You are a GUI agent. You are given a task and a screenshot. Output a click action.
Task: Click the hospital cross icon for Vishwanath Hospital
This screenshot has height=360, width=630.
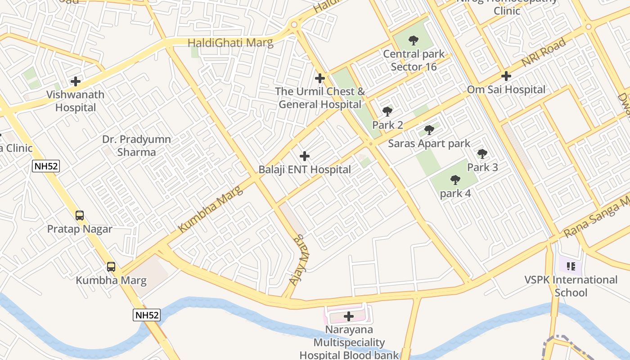76,81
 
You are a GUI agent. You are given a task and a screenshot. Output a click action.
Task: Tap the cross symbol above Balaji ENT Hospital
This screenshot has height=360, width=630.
305,156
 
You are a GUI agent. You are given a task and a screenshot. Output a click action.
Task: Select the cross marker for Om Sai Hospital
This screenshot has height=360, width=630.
506,76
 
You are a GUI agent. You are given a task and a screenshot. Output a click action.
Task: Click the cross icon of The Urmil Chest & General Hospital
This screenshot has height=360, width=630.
320,78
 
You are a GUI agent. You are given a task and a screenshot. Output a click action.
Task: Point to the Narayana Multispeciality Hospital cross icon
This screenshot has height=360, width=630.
349,316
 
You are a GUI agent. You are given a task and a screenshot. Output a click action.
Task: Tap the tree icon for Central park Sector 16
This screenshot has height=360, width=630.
414,40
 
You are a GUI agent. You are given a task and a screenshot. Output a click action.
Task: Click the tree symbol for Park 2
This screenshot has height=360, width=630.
387,112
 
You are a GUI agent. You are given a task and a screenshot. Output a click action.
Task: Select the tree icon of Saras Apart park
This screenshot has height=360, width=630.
429,130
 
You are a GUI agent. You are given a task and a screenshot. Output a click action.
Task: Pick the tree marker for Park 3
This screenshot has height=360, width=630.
482,154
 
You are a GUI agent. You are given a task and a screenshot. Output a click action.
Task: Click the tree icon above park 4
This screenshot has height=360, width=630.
455,180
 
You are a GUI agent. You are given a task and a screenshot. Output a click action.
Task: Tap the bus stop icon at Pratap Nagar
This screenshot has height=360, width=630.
80,216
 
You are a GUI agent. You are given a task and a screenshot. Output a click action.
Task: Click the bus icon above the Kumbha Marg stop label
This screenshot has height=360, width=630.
111,267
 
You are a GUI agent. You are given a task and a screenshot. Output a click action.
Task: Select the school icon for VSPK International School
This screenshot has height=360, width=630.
571,266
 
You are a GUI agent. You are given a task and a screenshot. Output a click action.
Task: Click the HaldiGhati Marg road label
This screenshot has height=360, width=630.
230,43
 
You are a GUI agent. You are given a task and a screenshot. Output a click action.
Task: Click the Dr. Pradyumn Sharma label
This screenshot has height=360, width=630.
136,146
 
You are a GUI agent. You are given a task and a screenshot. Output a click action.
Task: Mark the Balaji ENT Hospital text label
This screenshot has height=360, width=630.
305,170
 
